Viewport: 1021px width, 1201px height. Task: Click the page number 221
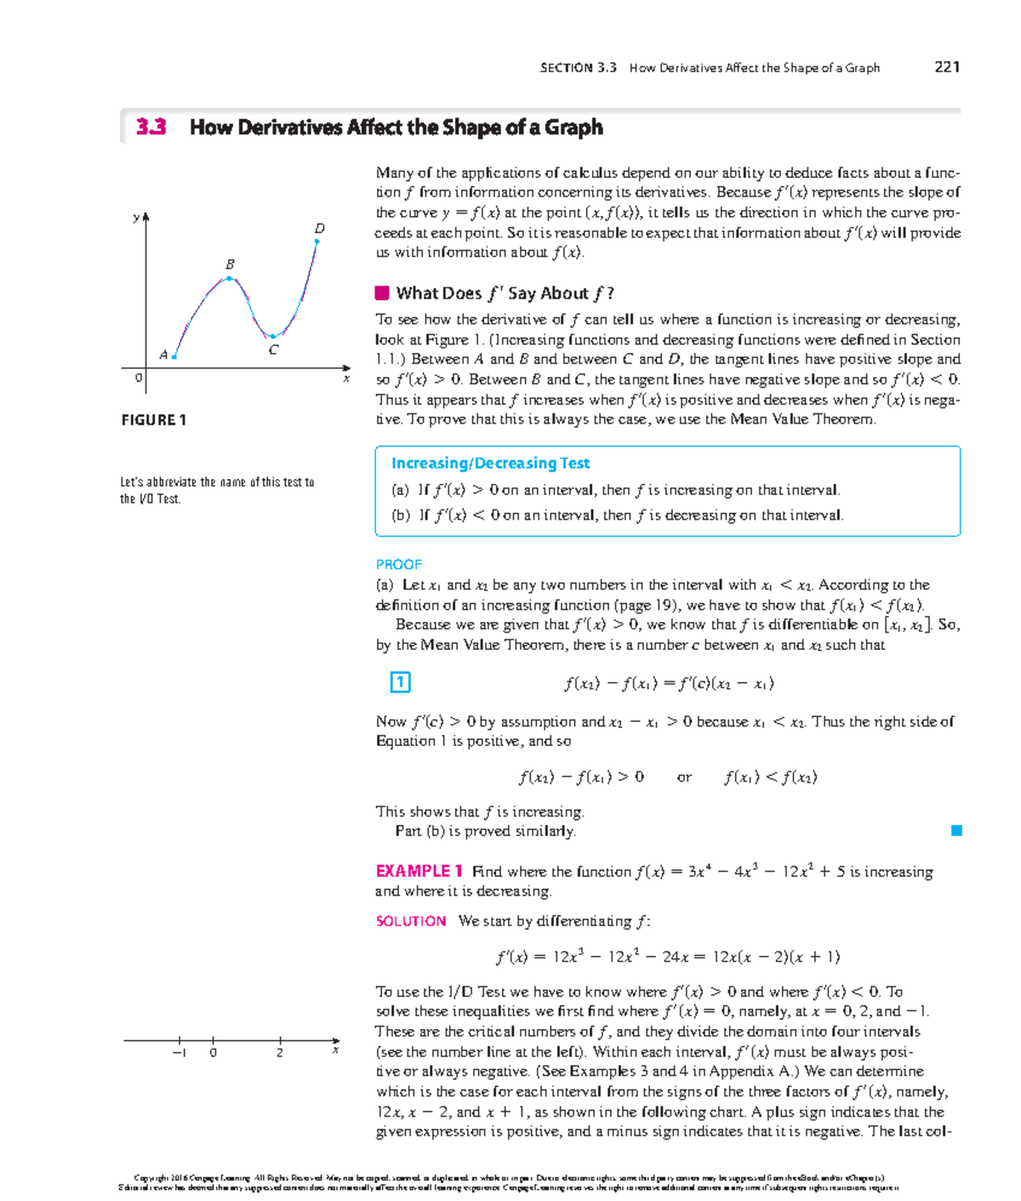click(946, 67)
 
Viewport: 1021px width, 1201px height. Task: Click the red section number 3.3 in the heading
click(151, 128)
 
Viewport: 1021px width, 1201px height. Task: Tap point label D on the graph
click(320, 228)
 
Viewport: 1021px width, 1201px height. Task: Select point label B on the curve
click(230, 265)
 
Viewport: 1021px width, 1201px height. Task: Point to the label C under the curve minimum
click(273, 350)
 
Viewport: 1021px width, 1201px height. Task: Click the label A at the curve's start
click(163, 355)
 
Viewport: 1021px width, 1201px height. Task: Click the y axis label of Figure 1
click(135, 218)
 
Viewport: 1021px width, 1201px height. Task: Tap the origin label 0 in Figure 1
click(139, 378)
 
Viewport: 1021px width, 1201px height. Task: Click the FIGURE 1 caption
click(154, 420)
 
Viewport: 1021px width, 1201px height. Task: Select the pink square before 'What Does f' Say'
click(382, 293)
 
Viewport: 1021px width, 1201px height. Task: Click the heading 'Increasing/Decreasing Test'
click(490, 464)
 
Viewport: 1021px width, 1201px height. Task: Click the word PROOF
click(398, 565)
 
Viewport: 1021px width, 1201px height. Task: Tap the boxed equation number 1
click(400, 682)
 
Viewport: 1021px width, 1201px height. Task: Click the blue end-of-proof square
click(956, 831)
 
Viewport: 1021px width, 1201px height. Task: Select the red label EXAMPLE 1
click(419, 871)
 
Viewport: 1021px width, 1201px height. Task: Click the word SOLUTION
click(411, 921)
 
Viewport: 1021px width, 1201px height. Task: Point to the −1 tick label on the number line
click(179, 1053)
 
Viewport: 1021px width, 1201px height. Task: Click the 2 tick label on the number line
click(280, 1053)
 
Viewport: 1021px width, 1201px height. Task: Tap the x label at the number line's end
click(336, 1050)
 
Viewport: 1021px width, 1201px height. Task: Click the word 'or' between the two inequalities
click(684, 777)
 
